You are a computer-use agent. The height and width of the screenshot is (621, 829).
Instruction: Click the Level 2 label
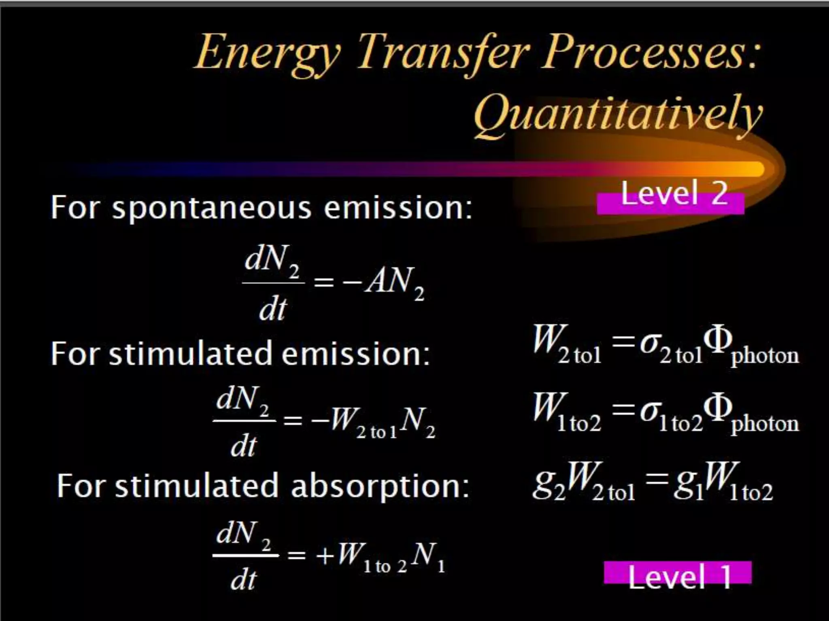click(674, 194)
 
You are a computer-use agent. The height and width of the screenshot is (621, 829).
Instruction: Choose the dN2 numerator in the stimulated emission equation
click(243, 400)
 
